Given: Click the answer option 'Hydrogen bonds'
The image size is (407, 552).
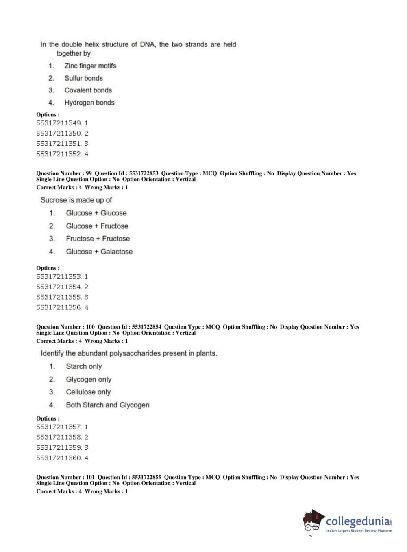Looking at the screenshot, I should (x=89, y=103).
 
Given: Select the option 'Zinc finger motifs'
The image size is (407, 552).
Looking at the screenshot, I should (x=90, y=66).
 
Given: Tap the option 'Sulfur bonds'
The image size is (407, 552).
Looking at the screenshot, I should (x=83, y=78).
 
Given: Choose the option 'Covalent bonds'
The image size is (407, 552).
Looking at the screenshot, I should (x=88, y=90).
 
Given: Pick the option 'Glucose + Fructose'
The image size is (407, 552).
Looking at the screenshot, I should (x=97, y=226).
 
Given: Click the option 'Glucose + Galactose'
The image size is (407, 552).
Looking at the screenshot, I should (x=99, y=252).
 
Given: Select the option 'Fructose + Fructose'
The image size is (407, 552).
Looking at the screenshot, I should (x=98, y=239).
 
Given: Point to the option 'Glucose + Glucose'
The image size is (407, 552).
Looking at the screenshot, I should (x=96, y=213).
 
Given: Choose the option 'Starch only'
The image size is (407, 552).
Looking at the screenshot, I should (x=84, y=366).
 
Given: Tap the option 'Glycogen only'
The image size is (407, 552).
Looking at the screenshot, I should (x=89, y=379).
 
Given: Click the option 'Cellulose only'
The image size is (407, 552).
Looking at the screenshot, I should (x=88, y=392).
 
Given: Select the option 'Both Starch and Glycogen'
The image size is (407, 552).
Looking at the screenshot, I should (x=107, y=405).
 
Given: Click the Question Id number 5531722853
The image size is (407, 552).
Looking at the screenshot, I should (x=144, y=173).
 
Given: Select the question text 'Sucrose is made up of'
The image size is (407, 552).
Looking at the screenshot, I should (x=76, y=200).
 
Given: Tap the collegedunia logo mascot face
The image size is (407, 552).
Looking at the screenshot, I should (x=312, y=521).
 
